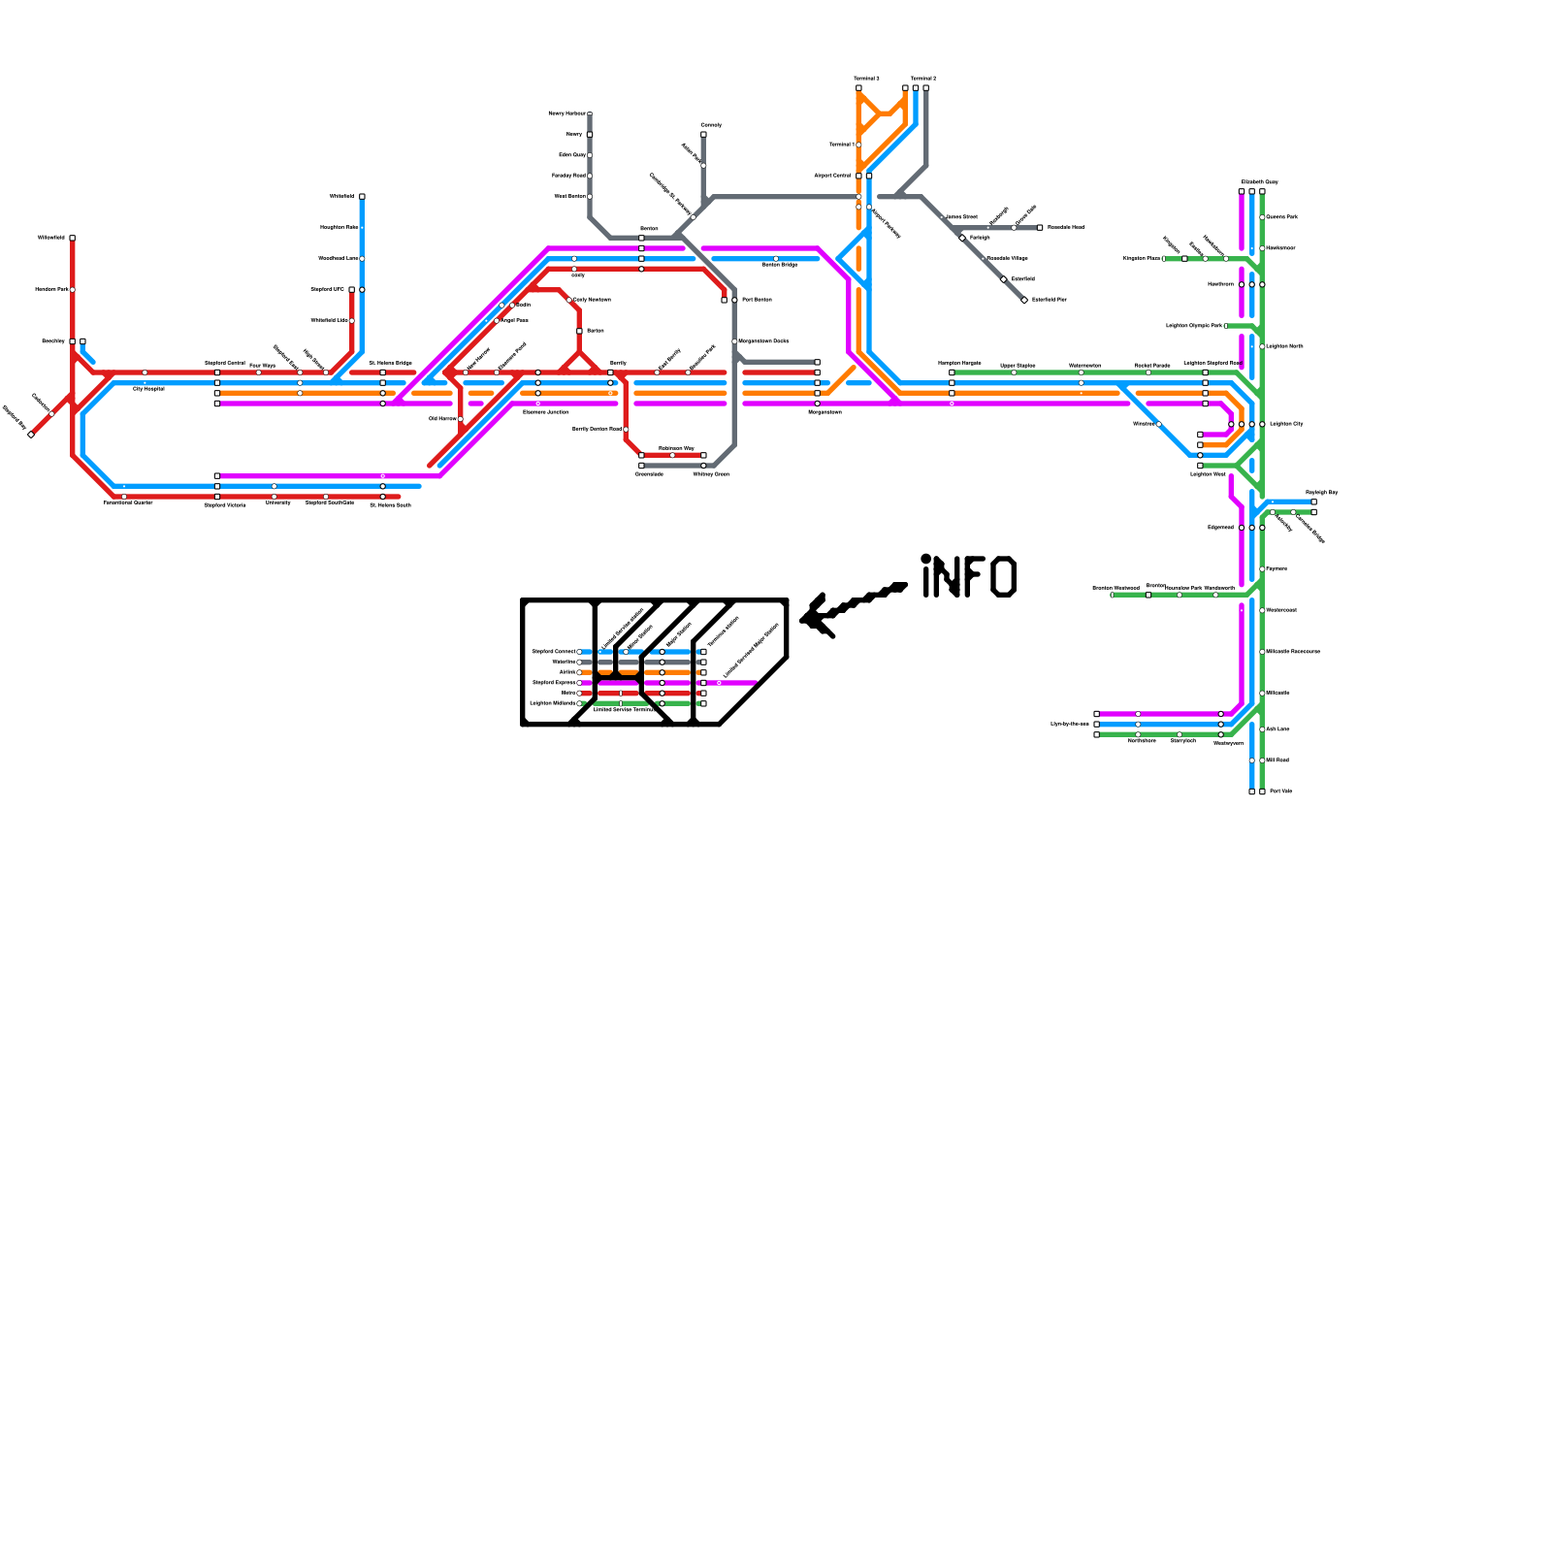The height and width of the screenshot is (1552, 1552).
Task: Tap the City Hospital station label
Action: (148, 388)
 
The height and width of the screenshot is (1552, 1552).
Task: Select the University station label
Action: (278, 503)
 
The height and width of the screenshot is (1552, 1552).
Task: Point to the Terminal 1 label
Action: (841, 145)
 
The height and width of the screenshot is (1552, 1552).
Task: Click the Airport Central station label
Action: (832, 176)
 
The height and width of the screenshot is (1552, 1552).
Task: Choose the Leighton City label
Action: (1286, 424)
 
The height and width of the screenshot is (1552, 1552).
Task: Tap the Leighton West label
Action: (1208, 474)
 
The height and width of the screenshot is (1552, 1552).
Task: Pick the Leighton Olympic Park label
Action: (1193, 326)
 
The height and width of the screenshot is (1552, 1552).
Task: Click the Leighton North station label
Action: (1284, 346)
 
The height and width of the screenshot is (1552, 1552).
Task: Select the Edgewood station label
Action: (1220, 528)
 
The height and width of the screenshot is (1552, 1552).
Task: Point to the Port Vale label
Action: (1280, 792)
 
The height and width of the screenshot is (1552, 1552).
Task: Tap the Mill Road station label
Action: (1277, 760)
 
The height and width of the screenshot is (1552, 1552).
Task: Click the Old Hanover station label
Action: (442, 419)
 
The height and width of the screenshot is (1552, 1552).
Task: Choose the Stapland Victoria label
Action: (225, 504)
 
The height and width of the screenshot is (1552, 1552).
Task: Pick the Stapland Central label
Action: (225, 363)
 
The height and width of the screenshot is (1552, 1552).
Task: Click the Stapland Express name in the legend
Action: (554, 683)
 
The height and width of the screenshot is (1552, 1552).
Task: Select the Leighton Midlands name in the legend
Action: (552, 703)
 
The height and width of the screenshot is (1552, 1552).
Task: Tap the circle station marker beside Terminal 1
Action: (859, 145)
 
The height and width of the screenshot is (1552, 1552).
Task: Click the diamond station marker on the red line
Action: (31, 435)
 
